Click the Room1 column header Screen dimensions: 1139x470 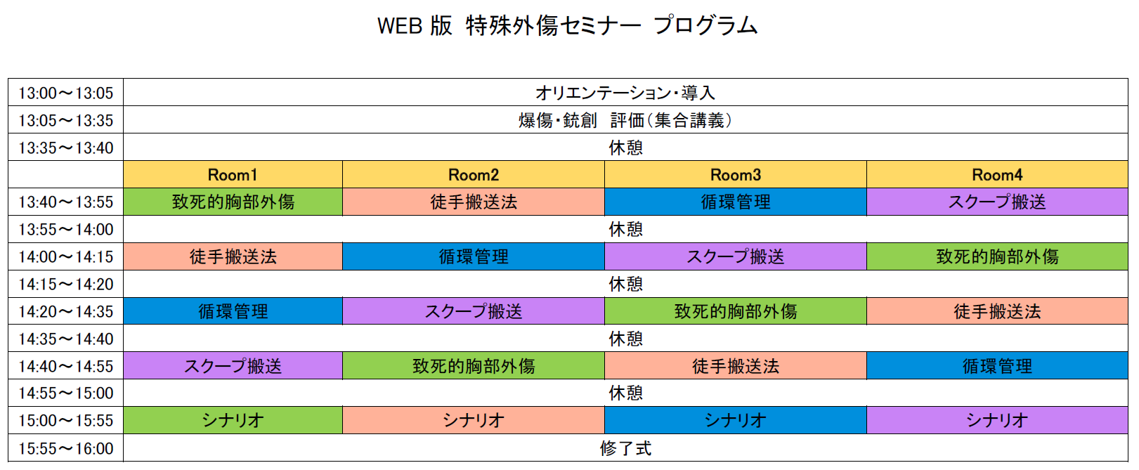point(233,175)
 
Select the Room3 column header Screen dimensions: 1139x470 point(735,175)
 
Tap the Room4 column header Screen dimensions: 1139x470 point(997,175)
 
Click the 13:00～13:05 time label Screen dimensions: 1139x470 point(65,93)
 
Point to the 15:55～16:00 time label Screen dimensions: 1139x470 point(65,448)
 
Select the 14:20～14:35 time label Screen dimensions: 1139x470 point(65,311)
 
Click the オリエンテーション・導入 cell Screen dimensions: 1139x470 point(625,93)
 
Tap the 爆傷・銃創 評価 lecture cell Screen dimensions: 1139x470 point(625,120)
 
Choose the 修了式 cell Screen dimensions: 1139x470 point(625,448)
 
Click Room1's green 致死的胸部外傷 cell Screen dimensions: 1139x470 point(233,202)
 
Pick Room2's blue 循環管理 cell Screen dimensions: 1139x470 point(474,257)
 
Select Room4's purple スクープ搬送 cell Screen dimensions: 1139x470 point(997,202)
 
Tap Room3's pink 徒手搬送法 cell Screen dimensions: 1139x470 point(735,366)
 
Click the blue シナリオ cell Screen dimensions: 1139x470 point(735,420)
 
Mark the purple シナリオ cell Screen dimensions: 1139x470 point(997,420)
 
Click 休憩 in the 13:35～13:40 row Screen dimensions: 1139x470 point(625,148)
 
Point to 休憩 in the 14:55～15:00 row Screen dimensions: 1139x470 point(625,393)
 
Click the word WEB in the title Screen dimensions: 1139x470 point(400,26)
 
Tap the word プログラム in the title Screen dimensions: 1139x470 point(705,25)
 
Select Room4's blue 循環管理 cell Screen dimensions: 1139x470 point(997,366)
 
